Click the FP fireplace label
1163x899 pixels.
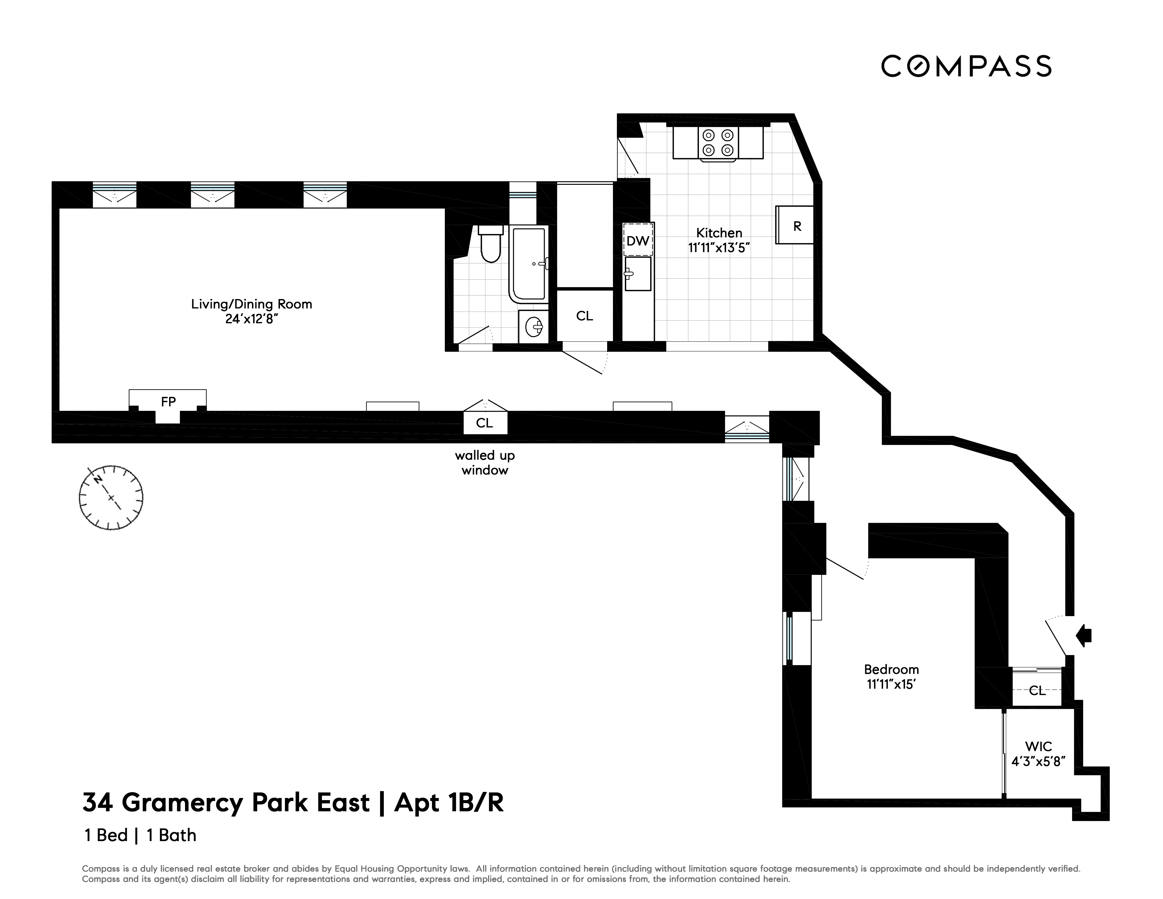coord(168,402)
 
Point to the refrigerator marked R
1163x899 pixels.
coord(796,226)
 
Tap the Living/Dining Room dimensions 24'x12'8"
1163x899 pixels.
coord(251,319)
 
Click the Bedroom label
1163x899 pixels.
coord(891,669)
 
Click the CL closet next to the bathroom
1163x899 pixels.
coord(584,316)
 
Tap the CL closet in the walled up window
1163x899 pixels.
coord(484,423)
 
